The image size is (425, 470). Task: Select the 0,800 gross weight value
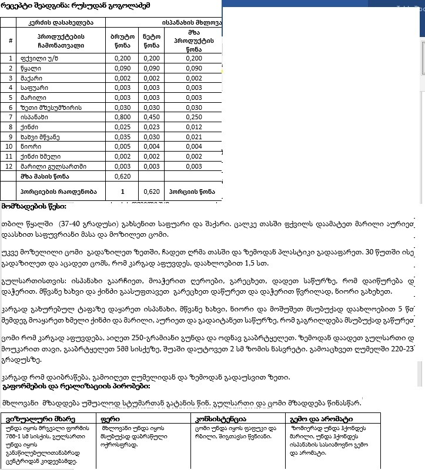[x=122, y=117]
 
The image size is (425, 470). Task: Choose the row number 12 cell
[x=11, y=166]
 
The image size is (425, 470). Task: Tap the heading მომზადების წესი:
[x=34, y=207]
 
